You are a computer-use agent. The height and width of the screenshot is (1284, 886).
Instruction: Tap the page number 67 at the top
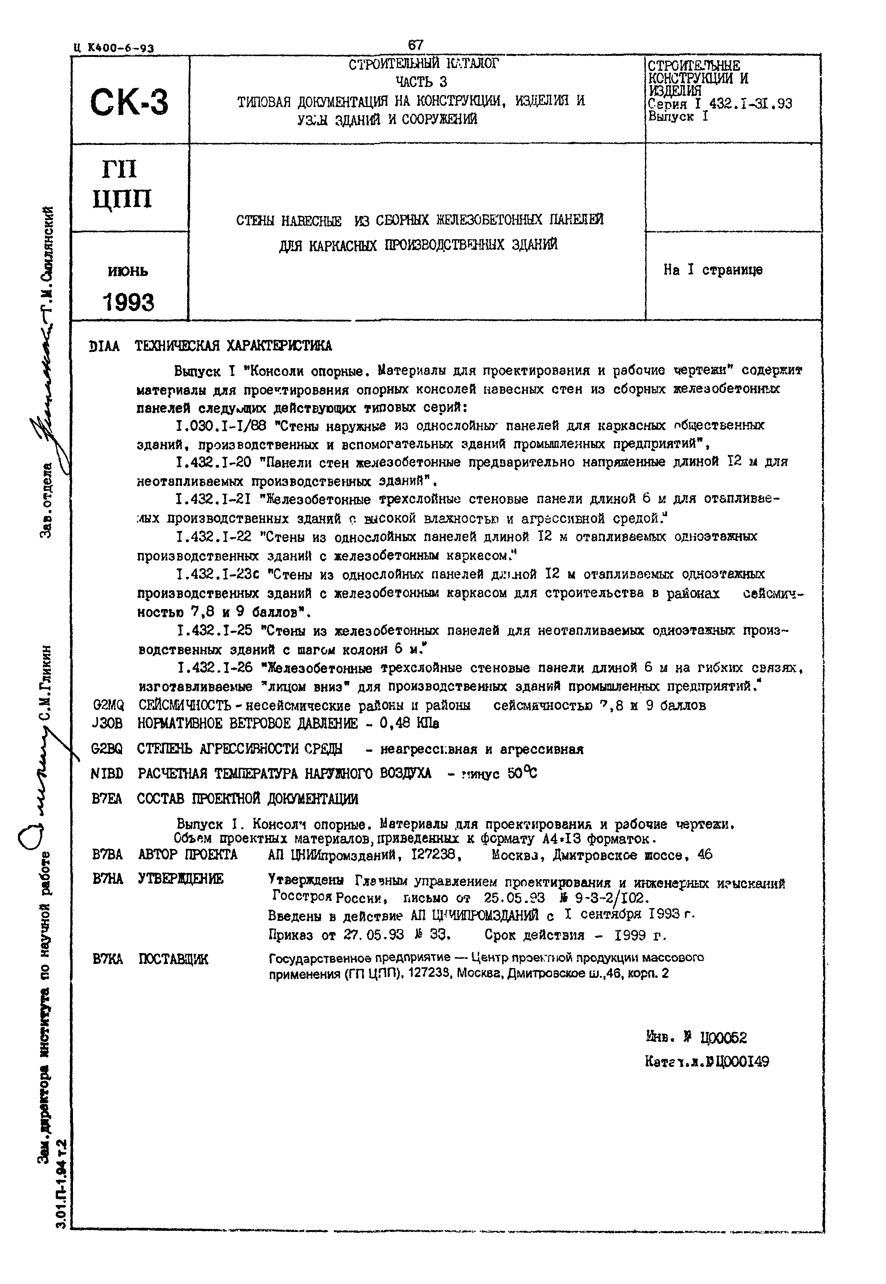(x=415, y=45)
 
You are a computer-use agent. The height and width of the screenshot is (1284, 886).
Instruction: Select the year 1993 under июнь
(x=128, y=302)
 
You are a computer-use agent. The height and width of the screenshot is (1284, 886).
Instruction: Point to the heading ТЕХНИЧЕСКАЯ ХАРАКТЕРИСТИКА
(x=233, y=346)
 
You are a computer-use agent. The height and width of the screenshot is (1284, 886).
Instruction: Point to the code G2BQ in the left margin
(x=107, y=749)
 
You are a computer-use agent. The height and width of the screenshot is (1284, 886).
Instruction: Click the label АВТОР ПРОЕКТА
(x=187, y=855)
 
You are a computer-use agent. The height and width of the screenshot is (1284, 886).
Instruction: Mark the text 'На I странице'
(x=713, y=270)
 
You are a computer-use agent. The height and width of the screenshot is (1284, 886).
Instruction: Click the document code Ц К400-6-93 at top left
(x=113, y=48)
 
